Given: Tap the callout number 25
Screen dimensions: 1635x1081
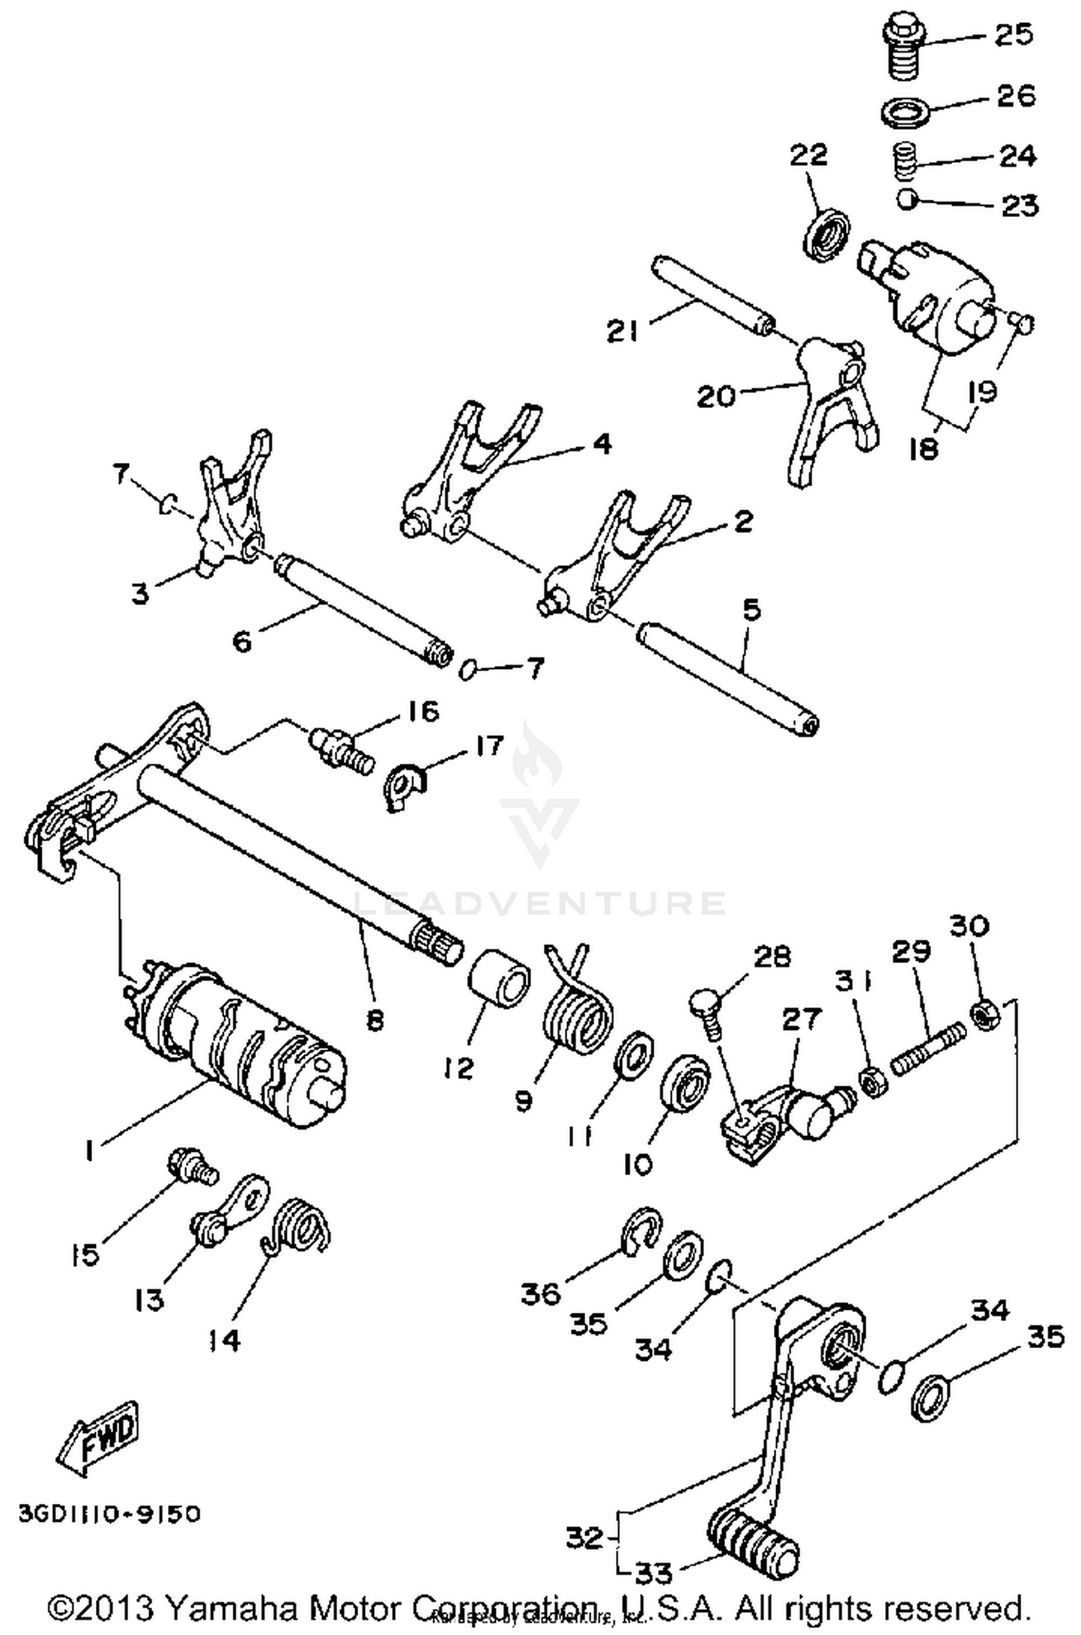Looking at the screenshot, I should click(x=1013, y=34).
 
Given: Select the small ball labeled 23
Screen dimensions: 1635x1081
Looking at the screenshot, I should click(x=907, y=199).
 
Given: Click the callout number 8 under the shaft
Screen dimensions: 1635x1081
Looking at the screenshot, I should click(x=374, y=1021).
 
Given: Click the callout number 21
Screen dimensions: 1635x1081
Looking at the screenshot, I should click(x=623, y=331).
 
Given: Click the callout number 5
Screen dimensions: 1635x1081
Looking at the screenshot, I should click(x=751, y=611).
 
